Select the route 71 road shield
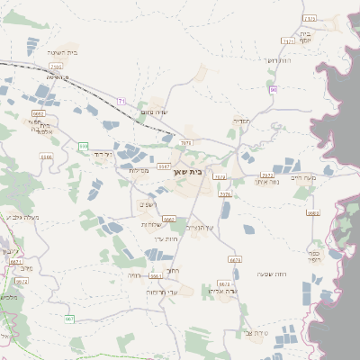pos(123,100)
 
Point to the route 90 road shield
pos(274,89)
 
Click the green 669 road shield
pos(84,146)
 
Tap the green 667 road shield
pos(69,319)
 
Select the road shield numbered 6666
pos(169,219)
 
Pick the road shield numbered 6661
pos(156,276)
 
